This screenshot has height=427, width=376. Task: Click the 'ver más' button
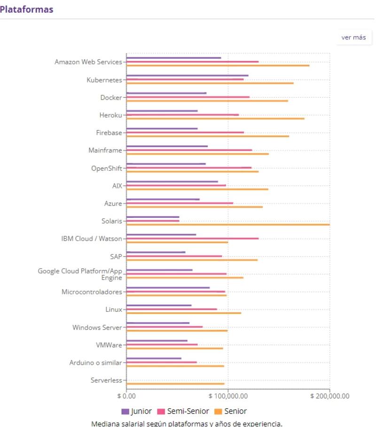[x=353, y=38]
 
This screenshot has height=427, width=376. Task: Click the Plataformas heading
[x=26, y=9]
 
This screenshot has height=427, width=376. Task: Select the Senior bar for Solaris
[x=228, y=225]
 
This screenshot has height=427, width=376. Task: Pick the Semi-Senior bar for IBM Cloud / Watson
[x=192, y=239]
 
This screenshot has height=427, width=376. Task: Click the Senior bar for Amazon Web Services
[x=218, y=65]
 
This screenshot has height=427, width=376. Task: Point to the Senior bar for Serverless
[x=175, y=384]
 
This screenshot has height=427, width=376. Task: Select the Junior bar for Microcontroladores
[x=168, y=288]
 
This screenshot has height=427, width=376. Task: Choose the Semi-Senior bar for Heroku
[x=182, y=115]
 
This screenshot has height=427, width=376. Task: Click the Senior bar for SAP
[x=192, y=260]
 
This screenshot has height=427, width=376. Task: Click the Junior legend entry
[x=137, y=411]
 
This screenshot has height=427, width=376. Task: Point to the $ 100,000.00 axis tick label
[x=228, y=396]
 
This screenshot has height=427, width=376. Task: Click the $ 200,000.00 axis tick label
[x=330, y=396]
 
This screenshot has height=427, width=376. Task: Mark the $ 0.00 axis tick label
[x=126, y=396]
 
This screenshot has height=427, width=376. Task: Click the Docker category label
[x=111, y=98]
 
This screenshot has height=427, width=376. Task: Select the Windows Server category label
[x=97, y=327]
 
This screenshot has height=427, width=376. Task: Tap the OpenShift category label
[x=107, y=168]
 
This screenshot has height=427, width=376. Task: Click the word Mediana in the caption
[x=105, y=424]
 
